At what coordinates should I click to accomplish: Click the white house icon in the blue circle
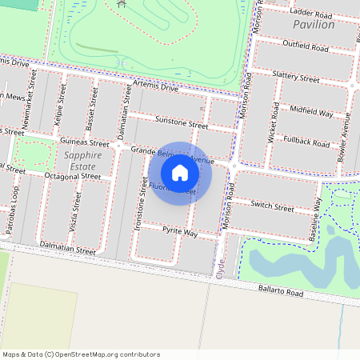(180, 173)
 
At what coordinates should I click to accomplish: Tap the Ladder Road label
(311, 14)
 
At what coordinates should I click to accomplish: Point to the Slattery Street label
(296, 77)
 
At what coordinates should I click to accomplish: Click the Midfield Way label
(311, 112)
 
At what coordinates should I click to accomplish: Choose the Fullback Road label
(306, 142)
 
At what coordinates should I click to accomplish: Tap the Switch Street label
(273, 206)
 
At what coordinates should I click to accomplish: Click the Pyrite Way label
(179, 232)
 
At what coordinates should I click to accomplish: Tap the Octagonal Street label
(73, 175)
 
